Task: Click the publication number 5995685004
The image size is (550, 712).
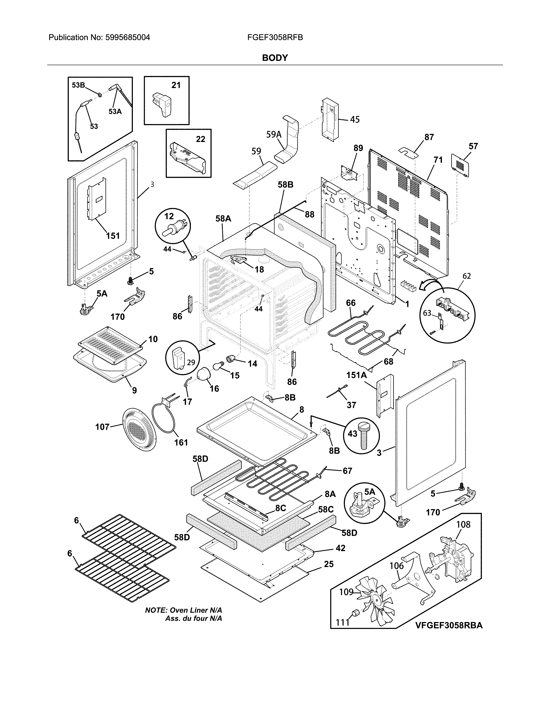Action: pos(127,38)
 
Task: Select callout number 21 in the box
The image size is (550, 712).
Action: pos(176,85)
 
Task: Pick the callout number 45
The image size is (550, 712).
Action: pos(355,120)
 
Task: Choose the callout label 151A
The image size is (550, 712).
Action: pos(357,375)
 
